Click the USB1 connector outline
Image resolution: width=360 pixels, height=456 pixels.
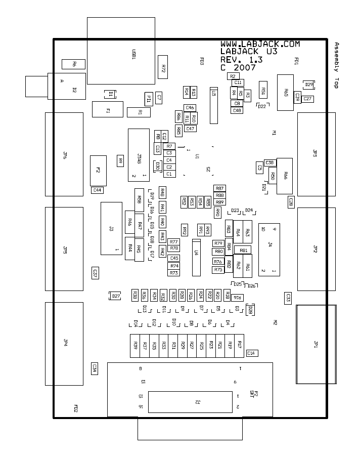click(121, 51)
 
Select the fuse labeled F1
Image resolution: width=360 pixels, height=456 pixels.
click(107, 109)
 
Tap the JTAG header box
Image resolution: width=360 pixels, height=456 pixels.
click(139, 155)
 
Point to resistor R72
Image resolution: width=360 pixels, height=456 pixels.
click(163, 67)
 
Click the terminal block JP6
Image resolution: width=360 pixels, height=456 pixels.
click(64, 154)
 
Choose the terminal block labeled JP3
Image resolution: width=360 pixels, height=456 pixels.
click(316, 154)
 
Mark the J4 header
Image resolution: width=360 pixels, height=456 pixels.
click(269, 248)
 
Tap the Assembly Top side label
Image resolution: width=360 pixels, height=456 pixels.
click(336, 65)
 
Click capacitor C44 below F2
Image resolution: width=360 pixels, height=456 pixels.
click(97, 190)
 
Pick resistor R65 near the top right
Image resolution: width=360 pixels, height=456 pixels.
click(286, 92)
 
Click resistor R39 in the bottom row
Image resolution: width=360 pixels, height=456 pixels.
click(135, 345)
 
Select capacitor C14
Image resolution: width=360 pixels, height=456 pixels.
click(251, 353)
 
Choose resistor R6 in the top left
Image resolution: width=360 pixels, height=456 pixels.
click(73, 64)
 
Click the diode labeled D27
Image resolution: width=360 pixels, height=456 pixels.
click(116, 296)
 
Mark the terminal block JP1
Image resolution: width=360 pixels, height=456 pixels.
click(316, 344)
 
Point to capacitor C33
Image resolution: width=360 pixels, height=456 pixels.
click(288, 298)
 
